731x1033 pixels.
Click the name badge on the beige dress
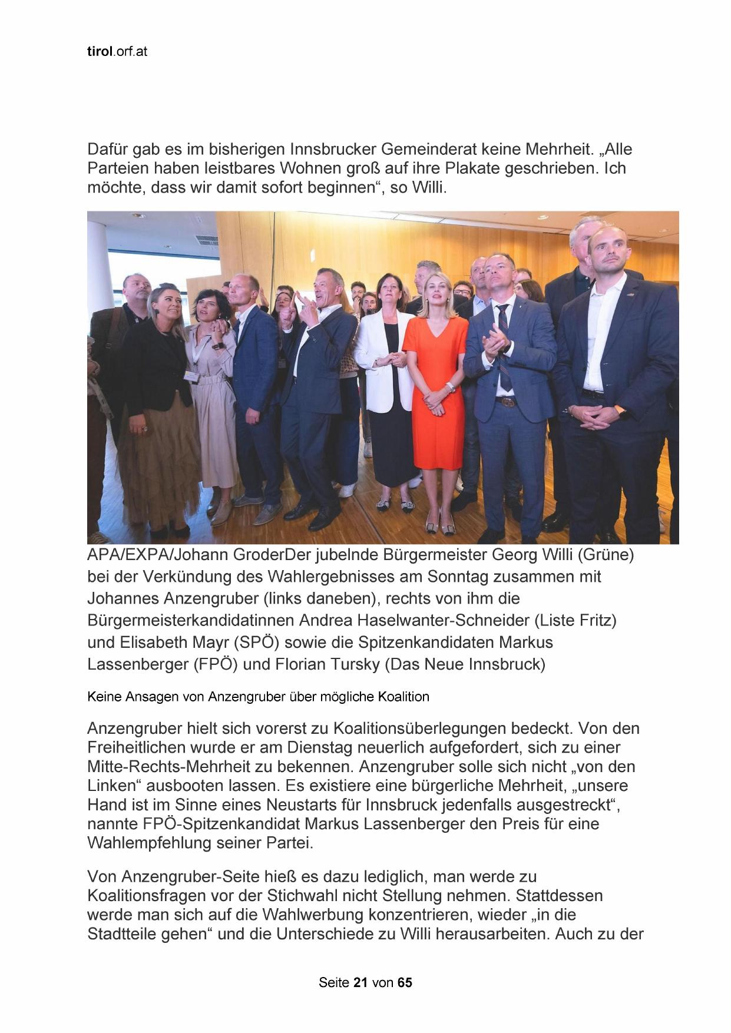click(x=191, y=375)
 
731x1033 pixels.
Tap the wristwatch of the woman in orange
click(x=451, y=386)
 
